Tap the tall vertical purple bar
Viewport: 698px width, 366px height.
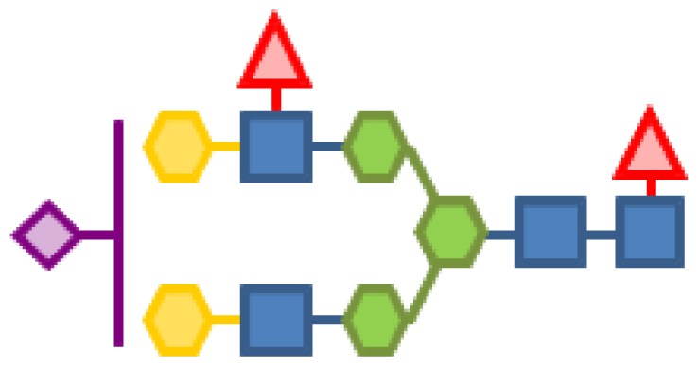[118, 233]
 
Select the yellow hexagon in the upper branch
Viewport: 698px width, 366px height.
[177, 147]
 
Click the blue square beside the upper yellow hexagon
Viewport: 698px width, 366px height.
[276, 147]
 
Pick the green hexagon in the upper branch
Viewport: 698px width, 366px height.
[375, 147]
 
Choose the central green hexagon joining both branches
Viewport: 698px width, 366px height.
[451, 233]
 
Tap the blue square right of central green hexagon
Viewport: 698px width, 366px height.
[550, 233]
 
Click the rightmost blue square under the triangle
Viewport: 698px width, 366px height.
[650, 233]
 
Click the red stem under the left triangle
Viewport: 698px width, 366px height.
[275, 98]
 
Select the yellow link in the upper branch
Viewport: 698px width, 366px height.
[225, 147]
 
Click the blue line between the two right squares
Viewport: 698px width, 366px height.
[601, 233]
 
